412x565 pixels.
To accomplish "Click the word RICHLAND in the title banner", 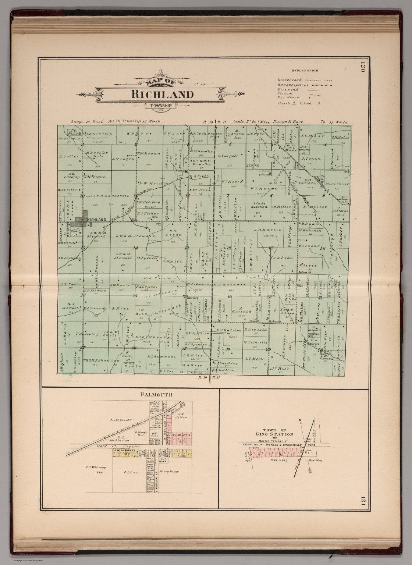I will pyautogui.click(x=162, y=94).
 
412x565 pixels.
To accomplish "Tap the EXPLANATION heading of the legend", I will pyautogui.click(x=305, y=70).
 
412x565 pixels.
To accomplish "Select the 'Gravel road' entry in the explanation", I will pyautogui.click(x=290, y=79).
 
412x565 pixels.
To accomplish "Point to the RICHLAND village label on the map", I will pyautogui.click(x=97, y=220).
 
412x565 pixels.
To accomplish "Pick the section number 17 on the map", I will pyautogui.click(x=271, y=248).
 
